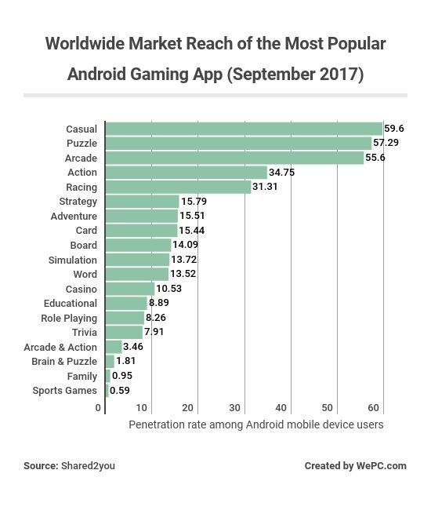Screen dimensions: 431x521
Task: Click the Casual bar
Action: click(244, 129)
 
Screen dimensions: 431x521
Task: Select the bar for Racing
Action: click(178, 187)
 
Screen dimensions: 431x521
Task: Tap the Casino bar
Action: click(130, 289)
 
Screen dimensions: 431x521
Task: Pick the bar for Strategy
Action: click(143, 202)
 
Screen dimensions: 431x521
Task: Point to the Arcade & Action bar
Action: click(114, 347)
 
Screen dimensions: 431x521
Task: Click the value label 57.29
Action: click(386, 143)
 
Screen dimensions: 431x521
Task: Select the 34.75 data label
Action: click(281, 173)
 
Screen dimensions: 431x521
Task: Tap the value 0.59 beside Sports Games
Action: click(120, 391)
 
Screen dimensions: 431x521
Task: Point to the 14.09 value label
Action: click(185, 245)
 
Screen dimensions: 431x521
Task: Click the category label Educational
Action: click(71, 304)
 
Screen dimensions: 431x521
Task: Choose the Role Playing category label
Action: click(69, 319)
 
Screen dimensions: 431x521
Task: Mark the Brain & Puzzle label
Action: click(64, 362)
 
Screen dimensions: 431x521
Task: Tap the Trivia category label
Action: click(85, 333)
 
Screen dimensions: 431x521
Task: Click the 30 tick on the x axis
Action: click(234, 408)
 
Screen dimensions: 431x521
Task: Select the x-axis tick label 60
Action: click(374, 408)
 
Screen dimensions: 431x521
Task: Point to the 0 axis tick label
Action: click(98, 408)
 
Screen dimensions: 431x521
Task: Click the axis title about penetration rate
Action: click(255, 424)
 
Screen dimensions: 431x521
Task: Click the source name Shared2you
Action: click(88, 466)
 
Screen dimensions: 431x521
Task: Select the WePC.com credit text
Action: click(381, 466)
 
